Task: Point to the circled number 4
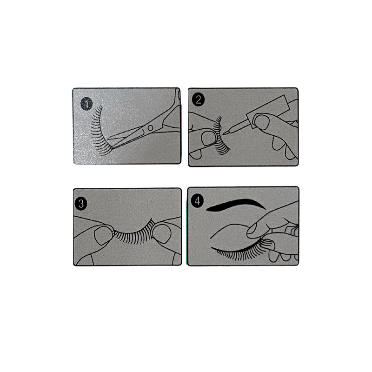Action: click(x=199, y=201)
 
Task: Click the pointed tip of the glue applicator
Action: click(x=226, y=133)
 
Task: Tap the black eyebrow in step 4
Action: click(x=232, y=205)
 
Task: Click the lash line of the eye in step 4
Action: click(x=237, y=253)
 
